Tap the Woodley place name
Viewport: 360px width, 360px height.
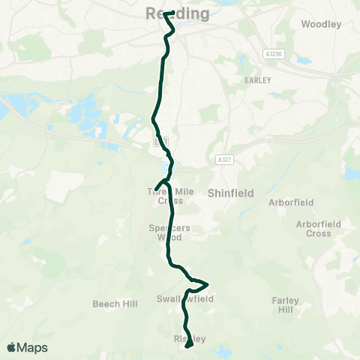pyautogui.click(x=321, y=24)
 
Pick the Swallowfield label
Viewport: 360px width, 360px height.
pyautogui.click(x=185, y=298)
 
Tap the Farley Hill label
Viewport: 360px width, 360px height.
pyautogui.click(x=285, y=304)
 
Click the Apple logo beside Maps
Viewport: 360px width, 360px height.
pyautogui.click(x=12, y=347)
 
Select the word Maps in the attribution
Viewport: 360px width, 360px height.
pyautogui.click(x=32, y=347)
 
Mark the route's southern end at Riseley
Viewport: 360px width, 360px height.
pyautogui.click(x=188, y=346)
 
